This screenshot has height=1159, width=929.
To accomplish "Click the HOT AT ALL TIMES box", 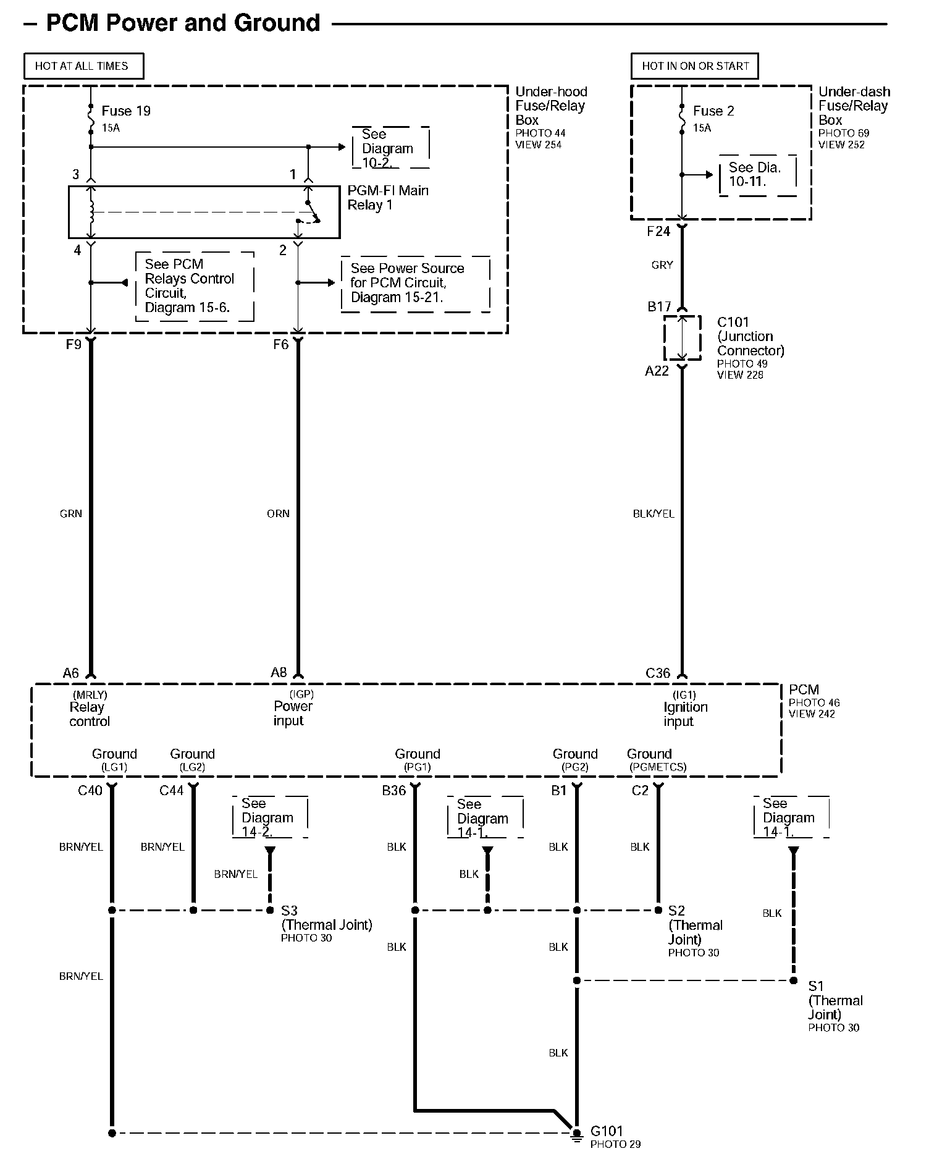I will pos(83,66).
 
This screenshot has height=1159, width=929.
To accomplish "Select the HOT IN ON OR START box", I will pos(695,66).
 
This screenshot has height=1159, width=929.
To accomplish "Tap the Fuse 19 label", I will pos(125,111).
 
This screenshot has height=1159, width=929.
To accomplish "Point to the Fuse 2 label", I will pos(713,111).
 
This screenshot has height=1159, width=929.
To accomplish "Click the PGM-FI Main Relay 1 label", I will pos(387,198).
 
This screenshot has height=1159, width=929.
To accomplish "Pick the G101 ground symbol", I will pos(576,1134).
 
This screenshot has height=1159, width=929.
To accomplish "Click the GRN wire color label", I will pos(71,513).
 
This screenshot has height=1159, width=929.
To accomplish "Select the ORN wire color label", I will pos(278,513).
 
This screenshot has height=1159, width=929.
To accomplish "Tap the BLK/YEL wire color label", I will pos(654,513).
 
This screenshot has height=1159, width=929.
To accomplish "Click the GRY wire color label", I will pos(662,265).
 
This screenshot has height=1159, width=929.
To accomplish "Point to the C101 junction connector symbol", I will pos(682,338).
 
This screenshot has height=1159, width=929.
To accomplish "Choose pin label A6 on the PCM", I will pos(71,673).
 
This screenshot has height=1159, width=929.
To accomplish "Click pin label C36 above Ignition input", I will pos(657,673).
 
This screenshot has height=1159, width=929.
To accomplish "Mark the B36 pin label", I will pos(393,790).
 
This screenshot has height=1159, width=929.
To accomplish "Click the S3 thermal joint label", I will pos(290,911).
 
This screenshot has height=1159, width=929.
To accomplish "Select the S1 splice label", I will pos(816,985).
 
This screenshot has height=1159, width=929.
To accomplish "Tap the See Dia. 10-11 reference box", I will pos(757,175).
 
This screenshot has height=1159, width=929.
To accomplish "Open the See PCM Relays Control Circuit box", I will pos(194,286).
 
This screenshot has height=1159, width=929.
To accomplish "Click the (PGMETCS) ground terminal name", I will pos(658,767).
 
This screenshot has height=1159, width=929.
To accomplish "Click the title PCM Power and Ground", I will pos(183,23).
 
